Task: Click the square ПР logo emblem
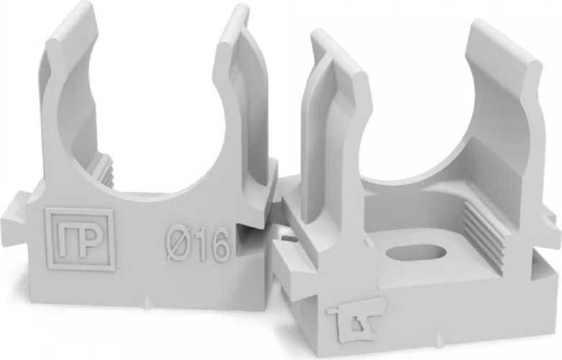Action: click(x=80, y=239)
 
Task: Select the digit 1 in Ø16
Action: click(x=198, y=245)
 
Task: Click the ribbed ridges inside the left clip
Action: click(x=103, y=169)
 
